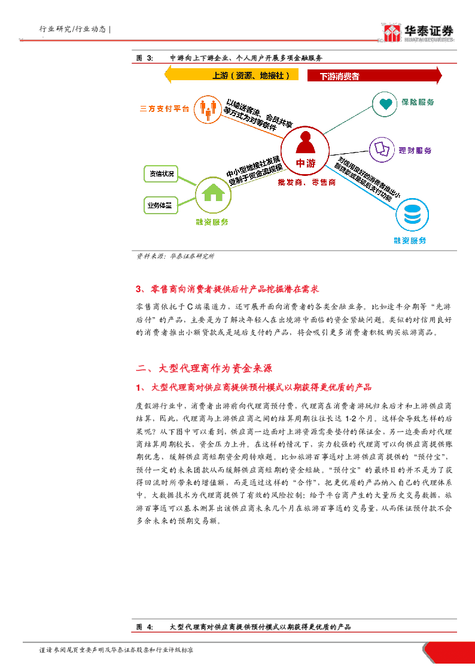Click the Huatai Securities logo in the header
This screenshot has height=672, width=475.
[418, 34]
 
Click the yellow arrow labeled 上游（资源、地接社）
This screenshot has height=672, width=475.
[232, 75]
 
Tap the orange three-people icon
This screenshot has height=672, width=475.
[208, 110]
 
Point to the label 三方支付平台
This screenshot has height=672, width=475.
[165, 109]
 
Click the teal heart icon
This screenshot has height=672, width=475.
[385, 104]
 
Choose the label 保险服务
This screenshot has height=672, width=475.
[418, 102]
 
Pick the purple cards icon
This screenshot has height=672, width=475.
[382, 150]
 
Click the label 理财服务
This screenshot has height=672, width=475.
[415, 151]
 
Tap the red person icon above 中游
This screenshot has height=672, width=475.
[305, 144]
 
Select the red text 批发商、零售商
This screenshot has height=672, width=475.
[306, 183]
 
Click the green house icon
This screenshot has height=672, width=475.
[213, 194]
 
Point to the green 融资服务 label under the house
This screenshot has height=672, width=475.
[212, 222]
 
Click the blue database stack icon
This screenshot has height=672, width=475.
[412, 214]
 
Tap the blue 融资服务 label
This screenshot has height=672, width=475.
[410, 241]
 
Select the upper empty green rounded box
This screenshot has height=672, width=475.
[161, 174]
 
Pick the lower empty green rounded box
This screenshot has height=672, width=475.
[161, 205]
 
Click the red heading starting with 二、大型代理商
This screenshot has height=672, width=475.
[205, 367]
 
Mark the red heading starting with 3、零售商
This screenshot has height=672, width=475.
[227, 290]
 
